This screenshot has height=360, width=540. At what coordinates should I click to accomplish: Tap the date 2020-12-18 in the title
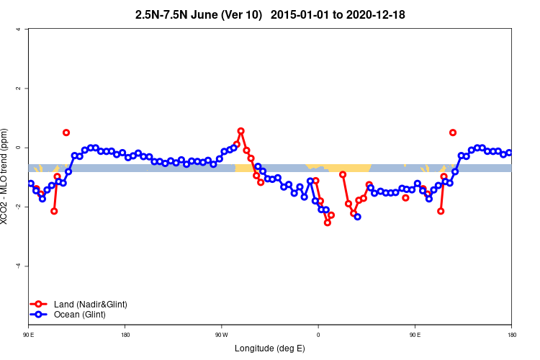(x=380, y=14)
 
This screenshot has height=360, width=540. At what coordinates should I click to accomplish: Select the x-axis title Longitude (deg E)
(x=270, y=348)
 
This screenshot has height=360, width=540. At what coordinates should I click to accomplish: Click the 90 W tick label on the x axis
(x=220, y=335)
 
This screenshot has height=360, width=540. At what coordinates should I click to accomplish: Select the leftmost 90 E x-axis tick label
(x=29, y=335)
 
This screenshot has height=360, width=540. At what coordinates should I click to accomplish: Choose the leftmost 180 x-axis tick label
(x=125, y=335)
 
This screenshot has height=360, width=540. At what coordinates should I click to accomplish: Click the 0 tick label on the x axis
(x=318, y=335)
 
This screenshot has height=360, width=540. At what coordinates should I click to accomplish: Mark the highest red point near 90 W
(x=240, y=131)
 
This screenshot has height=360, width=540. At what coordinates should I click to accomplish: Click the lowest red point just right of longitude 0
(x=328, y=222)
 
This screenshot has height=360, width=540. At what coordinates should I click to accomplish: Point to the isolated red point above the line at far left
(x=66, y=132)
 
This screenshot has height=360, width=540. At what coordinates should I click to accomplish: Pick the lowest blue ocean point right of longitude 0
(x=358, y=217)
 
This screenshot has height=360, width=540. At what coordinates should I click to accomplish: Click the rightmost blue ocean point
(x=509, y=153)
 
